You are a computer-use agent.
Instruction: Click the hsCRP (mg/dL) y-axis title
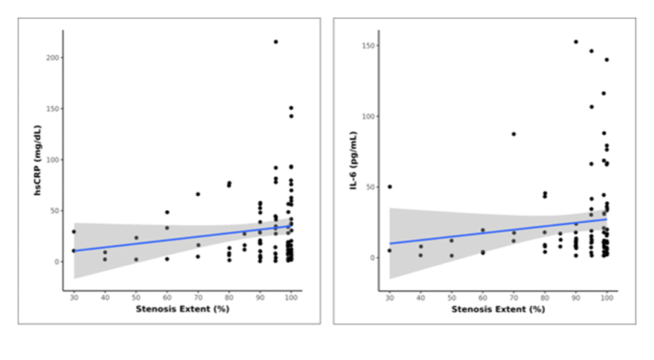38,160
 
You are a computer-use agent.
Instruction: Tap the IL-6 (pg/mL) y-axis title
354,160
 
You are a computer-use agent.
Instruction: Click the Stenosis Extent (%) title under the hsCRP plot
183,310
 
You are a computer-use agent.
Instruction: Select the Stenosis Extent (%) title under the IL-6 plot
498,310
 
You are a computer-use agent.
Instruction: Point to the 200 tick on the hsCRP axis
53,58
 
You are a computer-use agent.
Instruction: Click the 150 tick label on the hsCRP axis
53,108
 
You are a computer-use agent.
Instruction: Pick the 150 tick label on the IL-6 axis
368,45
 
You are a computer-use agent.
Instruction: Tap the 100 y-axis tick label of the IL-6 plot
368,117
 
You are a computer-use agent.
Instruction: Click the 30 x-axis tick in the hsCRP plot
75,297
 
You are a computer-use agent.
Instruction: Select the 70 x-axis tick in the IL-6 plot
514,297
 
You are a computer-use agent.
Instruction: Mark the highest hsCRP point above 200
275,41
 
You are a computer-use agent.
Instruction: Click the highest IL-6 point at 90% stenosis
576,41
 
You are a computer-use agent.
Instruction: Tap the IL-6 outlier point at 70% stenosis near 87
514,134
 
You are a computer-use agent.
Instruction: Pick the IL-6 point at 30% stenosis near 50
390,187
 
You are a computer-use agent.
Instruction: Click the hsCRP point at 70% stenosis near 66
198,194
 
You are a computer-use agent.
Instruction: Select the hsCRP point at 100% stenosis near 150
291,108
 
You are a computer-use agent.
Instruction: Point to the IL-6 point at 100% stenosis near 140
607,59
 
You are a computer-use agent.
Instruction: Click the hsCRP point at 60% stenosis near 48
167,212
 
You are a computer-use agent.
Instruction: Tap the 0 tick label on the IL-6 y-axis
373,258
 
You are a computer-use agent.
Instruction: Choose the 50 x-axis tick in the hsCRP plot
136,297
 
